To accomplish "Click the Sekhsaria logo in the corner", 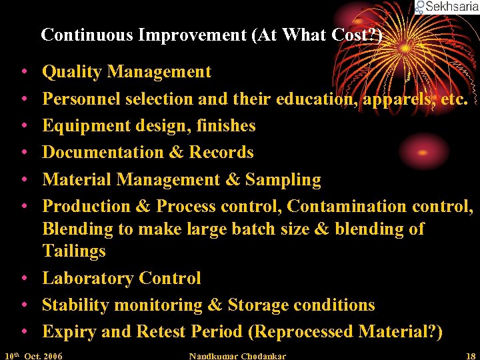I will [x=446, y=7].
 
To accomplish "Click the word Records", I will [x=221, y=153].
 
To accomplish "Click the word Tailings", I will [x=73, y=251].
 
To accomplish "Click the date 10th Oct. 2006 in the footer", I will [x=33, y=356].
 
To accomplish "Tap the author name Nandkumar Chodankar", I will [x=237, y=356].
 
